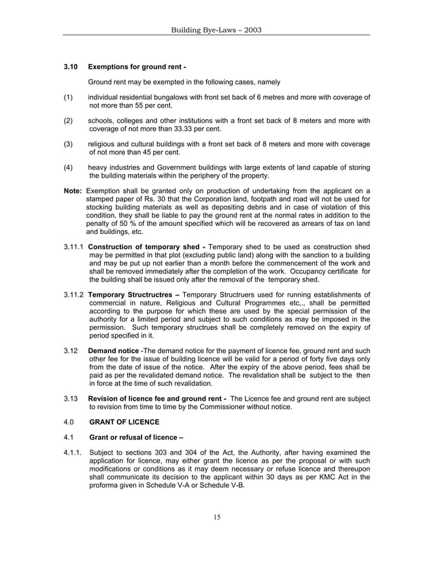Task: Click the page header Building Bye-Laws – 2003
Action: tap(216, 30)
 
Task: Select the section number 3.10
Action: tap(71, 67)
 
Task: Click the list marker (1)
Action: tap(68, 97)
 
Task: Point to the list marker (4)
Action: tap(68, 167)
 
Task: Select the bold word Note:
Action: tap(73, 190)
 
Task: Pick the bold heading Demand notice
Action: tap(110, 350)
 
